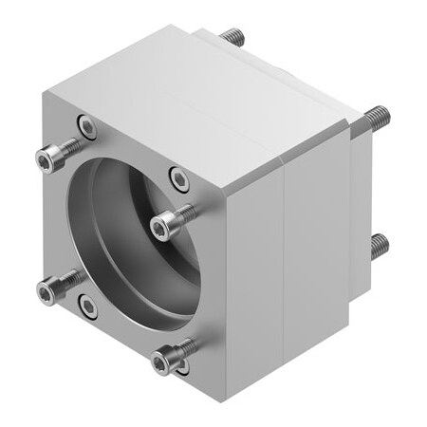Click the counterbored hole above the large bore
pyautogui.click(x=87, y=126)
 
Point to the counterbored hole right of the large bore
pyautogui.click(x=177, y=176)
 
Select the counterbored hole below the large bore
pyautogui.click(x=87, y=305)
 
